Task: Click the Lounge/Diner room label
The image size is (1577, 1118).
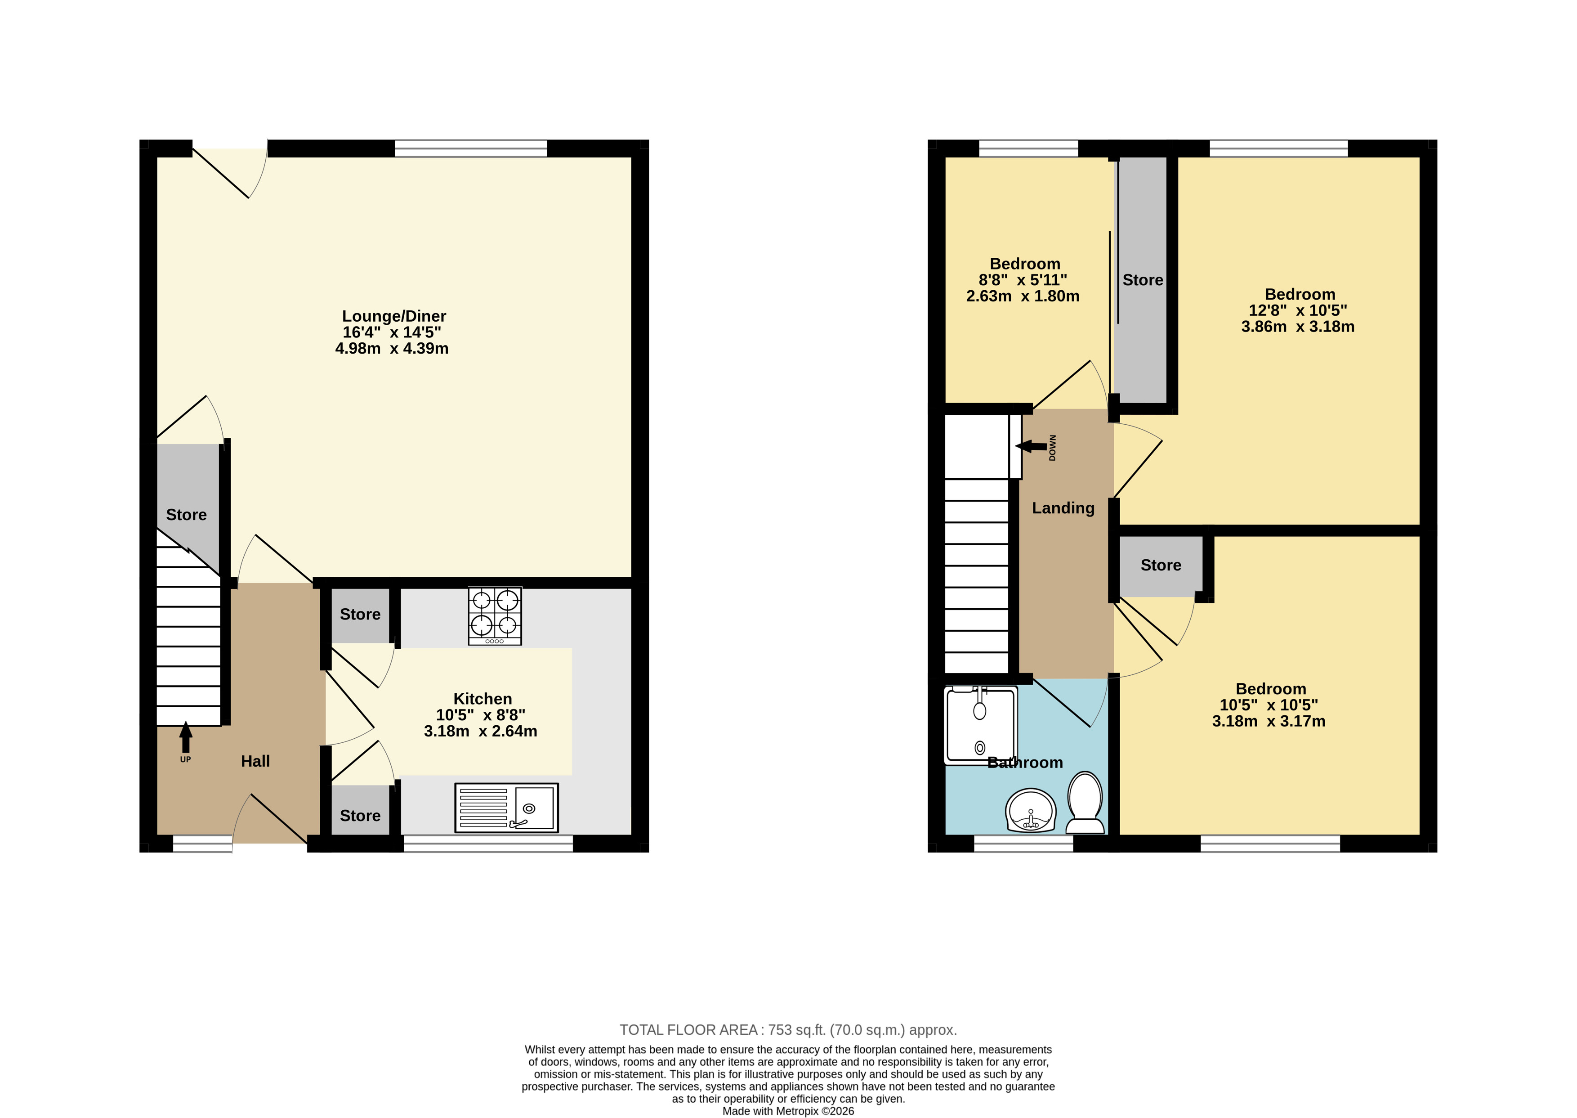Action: click(394, 316)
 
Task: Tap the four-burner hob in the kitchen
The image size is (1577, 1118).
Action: click(495, 615)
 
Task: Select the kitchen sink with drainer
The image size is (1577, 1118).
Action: click(506, 808)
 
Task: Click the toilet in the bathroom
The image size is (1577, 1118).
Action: click(1085, 803)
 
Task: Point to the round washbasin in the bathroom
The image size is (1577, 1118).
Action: click(1030, 810)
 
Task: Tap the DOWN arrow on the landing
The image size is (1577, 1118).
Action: click(1031, 447)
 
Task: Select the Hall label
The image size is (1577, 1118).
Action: click(255, 761)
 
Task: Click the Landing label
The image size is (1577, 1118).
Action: click(1063, 508)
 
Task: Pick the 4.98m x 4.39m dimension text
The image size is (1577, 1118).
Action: click(392, 348)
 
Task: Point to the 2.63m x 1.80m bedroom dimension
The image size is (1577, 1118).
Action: click(1023, 296)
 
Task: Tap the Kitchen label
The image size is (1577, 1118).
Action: click(482, 699)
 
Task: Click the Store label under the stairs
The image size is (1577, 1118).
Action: click(187, 515)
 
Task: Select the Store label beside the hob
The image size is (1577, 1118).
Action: click(360, 614)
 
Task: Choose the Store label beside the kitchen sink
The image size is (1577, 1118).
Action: click(360, 816)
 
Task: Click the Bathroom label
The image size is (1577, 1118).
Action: click(1025, 763)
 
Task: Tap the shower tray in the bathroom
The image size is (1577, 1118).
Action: click(980, 725)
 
